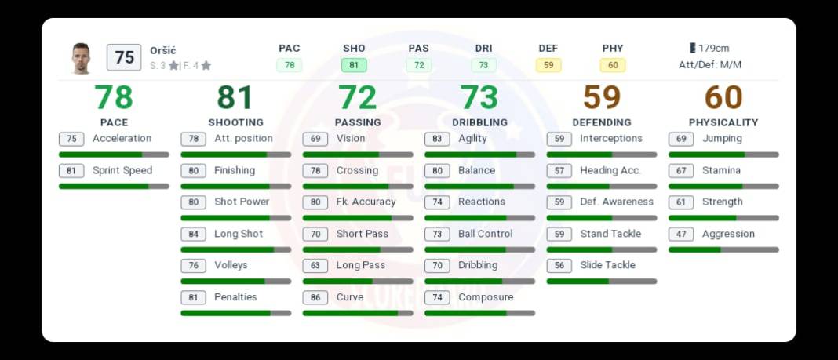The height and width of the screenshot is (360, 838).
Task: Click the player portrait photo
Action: [81, 58]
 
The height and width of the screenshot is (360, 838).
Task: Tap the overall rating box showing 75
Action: [124, 57]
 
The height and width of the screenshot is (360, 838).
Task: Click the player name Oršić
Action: [163, 50]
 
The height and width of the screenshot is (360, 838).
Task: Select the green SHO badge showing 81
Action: [354, 65]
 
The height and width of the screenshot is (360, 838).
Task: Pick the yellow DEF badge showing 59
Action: [548, 65]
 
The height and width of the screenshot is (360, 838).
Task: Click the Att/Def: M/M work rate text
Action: [709, 64]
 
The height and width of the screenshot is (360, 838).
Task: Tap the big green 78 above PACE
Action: [114, 98]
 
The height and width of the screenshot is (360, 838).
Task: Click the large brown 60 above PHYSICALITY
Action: [723, 98]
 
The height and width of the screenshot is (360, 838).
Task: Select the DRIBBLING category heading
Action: [479, 122]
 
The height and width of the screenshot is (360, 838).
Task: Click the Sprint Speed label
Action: [122, 170]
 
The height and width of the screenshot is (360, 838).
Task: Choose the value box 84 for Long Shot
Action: [193, 234]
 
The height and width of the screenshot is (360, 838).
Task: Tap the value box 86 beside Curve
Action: [315, 297]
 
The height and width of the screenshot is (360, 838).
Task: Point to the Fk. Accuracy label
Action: [366, 202]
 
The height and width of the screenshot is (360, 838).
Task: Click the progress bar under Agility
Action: [479, 155]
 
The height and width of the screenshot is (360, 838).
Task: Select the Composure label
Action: [486, 297]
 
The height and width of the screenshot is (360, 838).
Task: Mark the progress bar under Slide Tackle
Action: [601, 281]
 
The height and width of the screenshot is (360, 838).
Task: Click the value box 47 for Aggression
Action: [681, 234]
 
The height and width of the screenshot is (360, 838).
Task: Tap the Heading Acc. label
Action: [610, 170]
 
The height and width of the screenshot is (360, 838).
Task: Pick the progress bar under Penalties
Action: [235, 313]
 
